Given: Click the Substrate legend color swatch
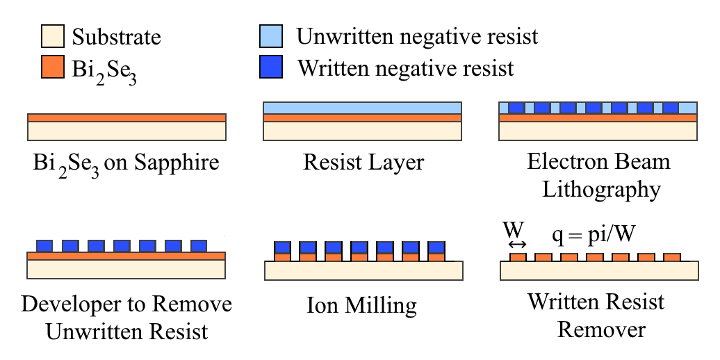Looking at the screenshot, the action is click(52, 36).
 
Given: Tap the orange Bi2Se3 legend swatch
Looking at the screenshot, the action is click(52, 67).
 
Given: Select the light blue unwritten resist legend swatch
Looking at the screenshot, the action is click(271, 36).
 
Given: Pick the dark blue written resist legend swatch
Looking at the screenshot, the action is click(271, 67).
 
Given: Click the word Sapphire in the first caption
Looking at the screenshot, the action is click(177, 163).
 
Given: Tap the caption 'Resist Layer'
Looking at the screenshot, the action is click(363, 163).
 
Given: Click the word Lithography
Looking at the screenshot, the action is click(602, 190).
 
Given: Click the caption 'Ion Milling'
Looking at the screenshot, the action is click(362, 305).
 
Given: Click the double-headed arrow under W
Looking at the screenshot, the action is click(518, 245).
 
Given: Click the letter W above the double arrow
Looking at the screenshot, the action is click(514, 229).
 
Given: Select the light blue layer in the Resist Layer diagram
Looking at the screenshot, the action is click(362, 108).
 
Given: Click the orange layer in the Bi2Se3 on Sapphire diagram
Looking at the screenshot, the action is click(126, 118).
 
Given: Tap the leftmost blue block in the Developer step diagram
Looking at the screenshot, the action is click(44, 246).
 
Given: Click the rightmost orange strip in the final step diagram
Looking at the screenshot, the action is click(672, 257).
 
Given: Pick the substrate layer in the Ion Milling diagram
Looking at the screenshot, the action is click(363, 270).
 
